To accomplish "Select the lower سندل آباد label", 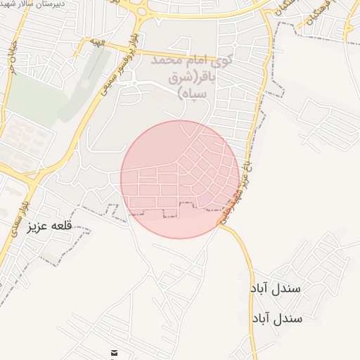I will tap(276, 318).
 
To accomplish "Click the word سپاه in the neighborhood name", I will tap(191, 92).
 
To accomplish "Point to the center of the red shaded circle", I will tap(180, 179).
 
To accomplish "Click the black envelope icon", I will tap(115, 352).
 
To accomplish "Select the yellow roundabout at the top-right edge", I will tap(351, 27).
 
